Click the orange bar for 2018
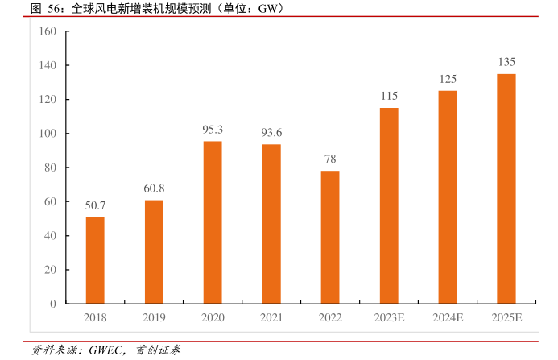95,260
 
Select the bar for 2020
213,222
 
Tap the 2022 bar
330,237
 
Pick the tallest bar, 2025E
506,188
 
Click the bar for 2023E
389,205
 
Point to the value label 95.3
213,129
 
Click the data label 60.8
154,188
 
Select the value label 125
448,79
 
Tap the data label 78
330,159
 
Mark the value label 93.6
271,132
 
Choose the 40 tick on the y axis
50,236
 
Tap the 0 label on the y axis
52,304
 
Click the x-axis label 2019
154,318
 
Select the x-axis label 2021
271,318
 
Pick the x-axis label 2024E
448,318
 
